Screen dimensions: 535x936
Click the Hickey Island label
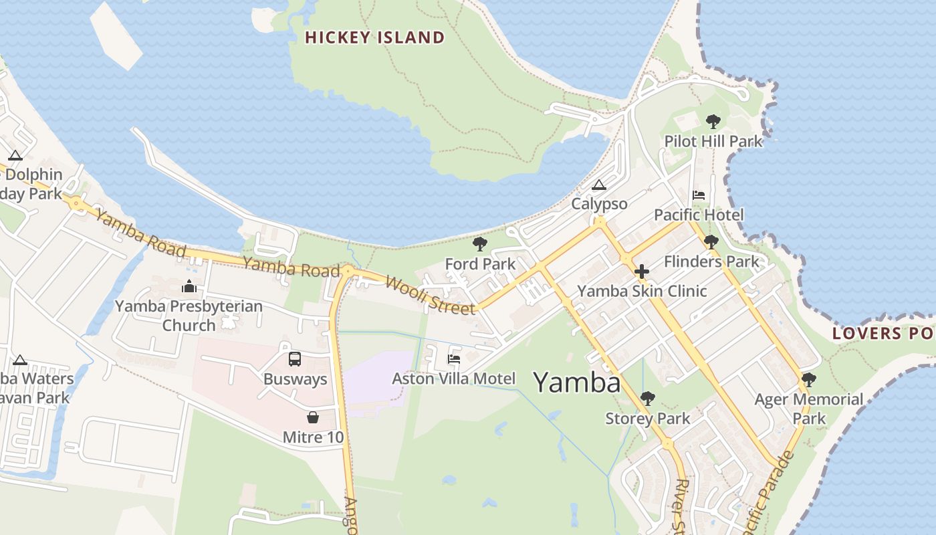click(374, 37)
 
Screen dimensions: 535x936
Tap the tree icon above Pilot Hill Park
click(713, 121)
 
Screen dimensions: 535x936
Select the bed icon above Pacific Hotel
click(699, 195)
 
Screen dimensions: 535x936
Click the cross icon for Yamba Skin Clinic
click(642, 272)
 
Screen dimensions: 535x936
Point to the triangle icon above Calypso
click(599, 185)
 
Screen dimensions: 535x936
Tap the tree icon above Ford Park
click(479, 244)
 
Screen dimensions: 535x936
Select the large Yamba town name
click(576, 383)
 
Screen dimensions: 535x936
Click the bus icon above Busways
click(295, 359)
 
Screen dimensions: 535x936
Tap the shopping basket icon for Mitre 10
click(312, 418)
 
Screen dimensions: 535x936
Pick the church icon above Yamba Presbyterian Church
click(189, 286)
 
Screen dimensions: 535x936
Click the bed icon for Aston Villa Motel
click(454, 359)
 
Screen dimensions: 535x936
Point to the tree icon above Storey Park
click(647, 399)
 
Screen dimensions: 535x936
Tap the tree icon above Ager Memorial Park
click(809, 380)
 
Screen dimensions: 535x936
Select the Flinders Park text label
click(711, 261)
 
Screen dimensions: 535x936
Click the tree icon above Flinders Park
click(711, 241)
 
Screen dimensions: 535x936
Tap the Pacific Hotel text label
click(699, 215)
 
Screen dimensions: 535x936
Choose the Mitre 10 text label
click(313, 437)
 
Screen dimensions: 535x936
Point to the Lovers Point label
click(883, 333)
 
